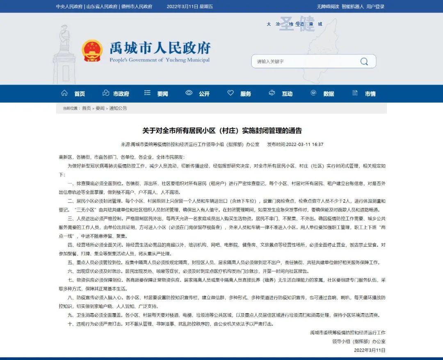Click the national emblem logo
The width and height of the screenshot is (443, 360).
(92, 51)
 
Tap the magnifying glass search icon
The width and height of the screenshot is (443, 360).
(364, 62)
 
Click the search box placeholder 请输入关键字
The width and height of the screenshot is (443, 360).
(270, 62)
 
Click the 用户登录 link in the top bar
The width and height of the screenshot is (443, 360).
(375, 7)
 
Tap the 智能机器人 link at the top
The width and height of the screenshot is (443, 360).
(353, 7)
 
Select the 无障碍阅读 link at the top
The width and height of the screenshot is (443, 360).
(328, 7)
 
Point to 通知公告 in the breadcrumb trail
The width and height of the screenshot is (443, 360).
(118, 108)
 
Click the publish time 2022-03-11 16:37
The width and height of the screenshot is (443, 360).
(305, 144)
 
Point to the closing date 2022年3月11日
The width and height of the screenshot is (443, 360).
(370, 350)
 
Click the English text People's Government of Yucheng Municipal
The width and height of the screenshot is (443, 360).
(160, 60)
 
